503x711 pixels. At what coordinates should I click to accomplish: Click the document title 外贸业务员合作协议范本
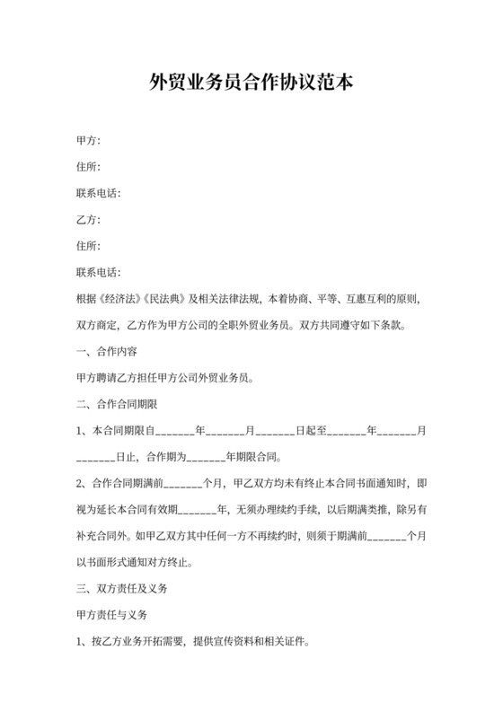251,83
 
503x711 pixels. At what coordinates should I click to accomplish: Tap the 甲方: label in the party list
90,141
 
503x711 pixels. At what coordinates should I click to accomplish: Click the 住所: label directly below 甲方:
90,167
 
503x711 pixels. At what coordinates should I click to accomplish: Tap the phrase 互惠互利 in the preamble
373,298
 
